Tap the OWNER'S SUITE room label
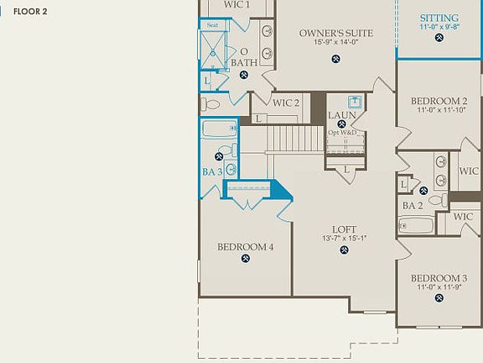click(335, 34)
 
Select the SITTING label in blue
click(439, 17)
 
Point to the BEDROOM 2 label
click(439, 101)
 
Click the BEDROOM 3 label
click(439, 278)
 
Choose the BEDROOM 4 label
click(246, 247)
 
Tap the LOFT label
click(345, 229)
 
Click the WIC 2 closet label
click(286, 103)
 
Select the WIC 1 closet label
click(237, 5)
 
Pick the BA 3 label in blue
click(212, 171)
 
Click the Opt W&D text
click(342, 133)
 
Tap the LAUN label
click(342, 115)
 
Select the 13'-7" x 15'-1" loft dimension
click(345, 239)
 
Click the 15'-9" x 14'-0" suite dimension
click(335, 43)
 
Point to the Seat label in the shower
click(212, 26)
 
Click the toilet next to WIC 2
click(210, 105)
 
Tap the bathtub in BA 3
click(220, 131)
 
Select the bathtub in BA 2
click(414, 225)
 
